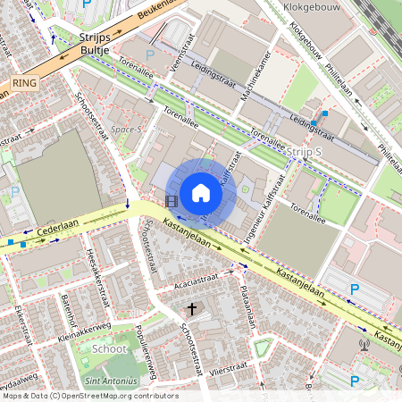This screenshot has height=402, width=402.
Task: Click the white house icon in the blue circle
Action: (201, 192)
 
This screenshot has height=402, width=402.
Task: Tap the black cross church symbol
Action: (191, 308)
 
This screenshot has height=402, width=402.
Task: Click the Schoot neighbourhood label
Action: (109, 348)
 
